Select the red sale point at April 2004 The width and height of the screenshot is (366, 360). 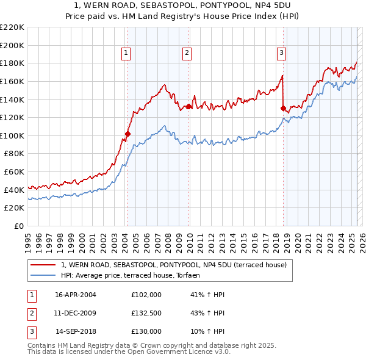pyautogui.click(x=127, y=134)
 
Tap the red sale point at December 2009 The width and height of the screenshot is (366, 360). pyautogui.click(x=189, y=106)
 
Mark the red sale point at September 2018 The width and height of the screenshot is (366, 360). pyautogui.click(x=283, y=109)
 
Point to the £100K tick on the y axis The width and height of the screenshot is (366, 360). pyautogui.click(x=13, y=135)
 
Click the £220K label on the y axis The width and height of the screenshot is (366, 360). pyautogui.click(x=13, y=27)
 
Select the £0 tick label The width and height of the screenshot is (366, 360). pyautogui.click(x=18, y=226)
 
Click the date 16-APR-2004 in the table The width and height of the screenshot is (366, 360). pyautogui.click(x=76, y=295)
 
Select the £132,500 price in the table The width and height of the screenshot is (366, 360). pyautogui.click(x=146, y=314)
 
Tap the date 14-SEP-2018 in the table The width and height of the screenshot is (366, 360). pyautogui.click(x=76, y=332)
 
